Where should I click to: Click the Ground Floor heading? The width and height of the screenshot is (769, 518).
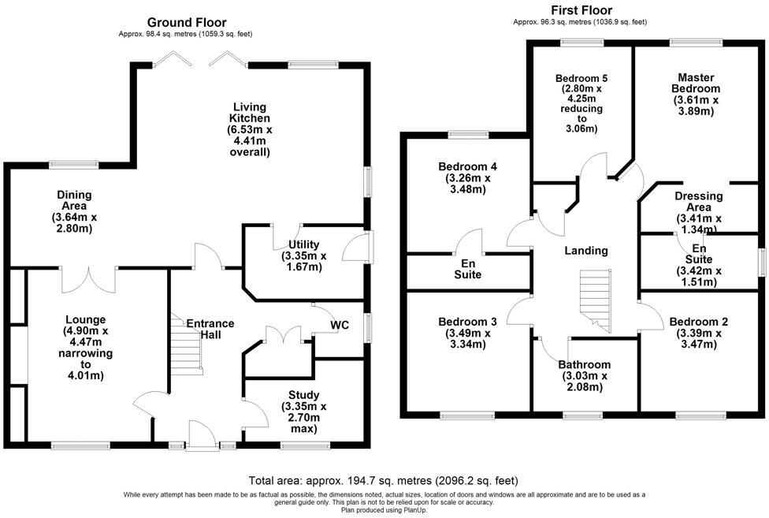pyautogui.click(x=187, y=23)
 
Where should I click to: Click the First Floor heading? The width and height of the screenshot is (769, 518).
pyautogui.click(x=581, y=10)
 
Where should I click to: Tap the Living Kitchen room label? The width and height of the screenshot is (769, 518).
pyautogui.click(x=248, y=129)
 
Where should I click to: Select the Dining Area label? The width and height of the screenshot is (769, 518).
pyautogui.click(x=74, y=211)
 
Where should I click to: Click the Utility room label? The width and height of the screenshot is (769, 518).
pyautogui.click(x=303, y=255)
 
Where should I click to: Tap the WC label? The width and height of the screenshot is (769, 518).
pyautogui.click(x=340, y=325)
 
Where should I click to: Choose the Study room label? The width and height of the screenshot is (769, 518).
pyautogui.click(x=303, y=412)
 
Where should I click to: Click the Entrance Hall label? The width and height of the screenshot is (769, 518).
pyautogui.click(x=210, y=329)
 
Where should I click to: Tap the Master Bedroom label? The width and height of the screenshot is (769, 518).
pyautogui.click(x=695, y=95)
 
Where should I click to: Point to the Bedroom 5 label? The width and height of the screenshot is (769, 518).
pyautogui.click(x=581, y=103)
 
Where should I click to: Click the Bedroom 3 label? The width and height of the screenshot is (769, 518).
pyautogui.click(x=467, y=333)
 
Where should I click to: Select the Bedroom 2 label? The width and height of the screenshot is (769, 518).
pyautogui.click(x=698, y=333)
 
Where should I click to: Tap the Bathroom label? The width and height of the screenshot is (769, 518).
pyautogui.click(x=584, y=375)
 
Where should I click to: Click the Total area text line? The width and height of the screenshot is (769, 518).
pyautogui.click(x=383, y=480)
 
